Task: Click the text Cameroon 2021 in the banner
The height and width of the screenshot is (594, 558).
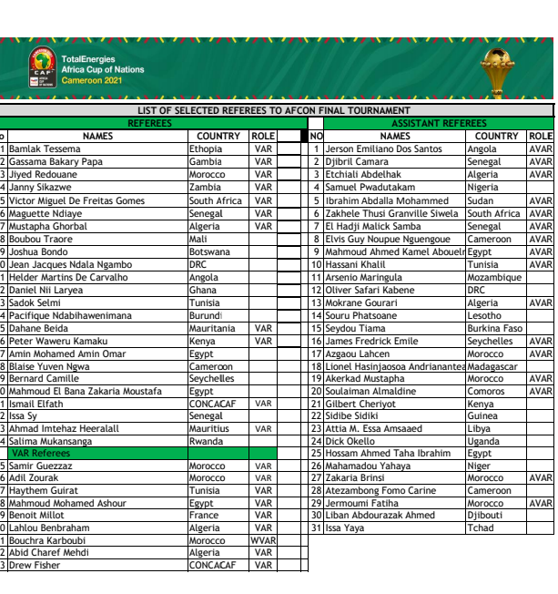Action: click(x=92, y=80)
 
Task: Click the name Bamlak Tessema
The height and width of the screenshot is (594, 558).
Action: click(x=46, y=149)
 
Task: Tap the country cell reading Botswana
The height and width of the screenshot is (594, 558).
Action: click(x=209, y=251)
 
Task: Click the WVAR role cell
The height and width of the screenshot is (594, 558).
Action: click(x=263, y=540)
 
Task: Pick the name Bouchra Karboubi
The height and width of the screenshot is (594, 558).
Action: click(x=48, y=540)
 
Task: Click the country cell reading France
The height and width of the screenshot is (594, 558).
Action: click(x=204, y=515)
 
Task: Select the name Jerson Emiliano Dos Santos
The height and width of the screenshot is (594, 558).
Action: click(x=383, y=149)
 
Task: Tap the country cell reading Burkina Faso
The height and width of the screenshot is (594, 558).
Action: click(x=494, y=328)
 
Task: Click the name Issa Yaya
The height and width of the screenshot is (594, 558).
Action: click(x=345, y=527)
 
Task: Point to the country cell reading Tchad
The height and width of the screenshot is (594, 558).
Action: click(x=481, y=527)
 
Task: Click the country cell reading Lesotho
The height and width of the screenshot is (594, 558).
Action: click(x=484, y=315)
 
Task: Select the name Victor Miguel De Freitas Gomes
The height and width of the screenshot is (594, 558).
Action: click(x=77, y=200)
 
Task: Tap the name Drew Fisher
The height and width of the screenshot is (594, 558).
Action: click(x=36, y=565)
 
